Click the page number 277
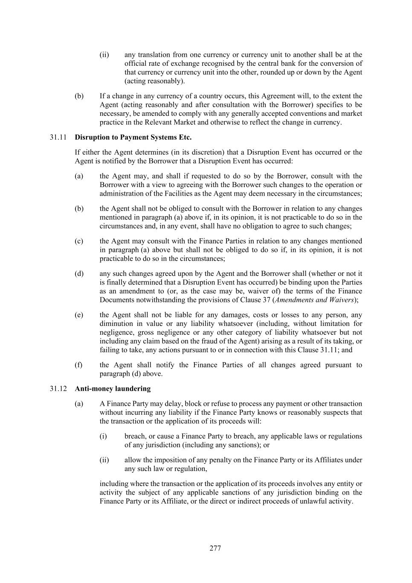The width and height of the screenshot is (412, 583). [x=215, y=548]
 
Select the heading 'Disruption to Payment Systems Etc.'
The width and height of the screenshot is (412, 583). [x=133, y=137]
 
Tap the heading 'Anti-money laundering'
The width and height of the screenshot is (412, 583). [x=113, y=389]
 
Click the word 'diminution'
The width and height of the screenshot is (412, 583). [x=115, y=324]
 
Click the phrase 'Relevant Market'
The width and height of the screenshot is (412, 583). [x=209, y=123]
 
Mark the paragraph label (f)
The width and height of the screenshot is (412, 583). [x=79, y=365]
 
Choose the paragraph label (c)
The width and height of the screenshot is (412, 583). [x=79, y=241]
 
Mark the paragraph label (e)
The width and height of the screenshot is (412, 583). [x=79, y=315]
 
